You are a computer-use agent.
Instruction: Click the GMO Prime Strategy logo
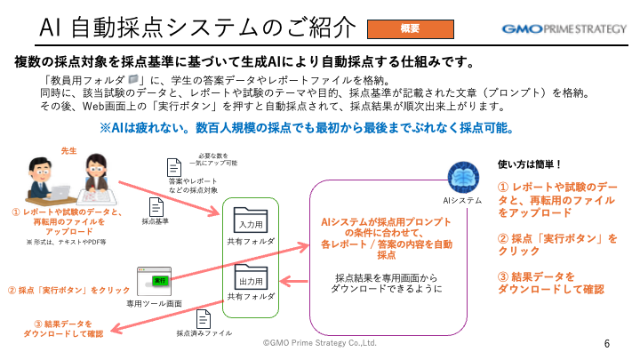pyautogui.click(x=564, y=28)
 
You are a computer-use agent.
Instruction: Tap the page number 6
pyautogui.click(x=607, y=344)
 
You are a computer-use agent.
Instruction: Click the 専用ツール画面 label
pyautogui.click(x=157, y=303)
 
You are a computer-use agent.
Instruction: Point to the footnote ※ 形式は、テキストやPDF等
pyautogui.click(x=65, y=241)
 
